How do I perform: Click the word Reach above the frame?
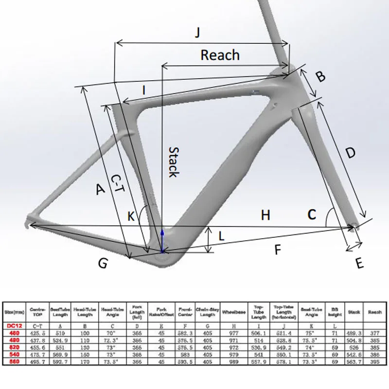pos(220,55)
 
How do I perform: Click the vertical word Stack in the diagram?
pos(174,161)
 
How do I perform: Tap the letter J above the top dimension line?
pos(197,33)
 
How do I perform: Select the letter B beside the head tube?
pos(320,76)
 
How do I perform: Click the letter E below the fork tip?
pos(359,264)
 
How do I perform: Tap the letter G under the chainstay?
pos(103,264)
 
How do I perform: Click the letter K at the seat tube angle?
pos(131,217)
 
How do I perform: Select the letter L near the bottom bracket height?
pos(221,236)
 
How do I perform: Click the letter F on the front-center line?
pos(278,250)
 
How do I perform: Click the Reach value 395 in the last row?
pos(374,363)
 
